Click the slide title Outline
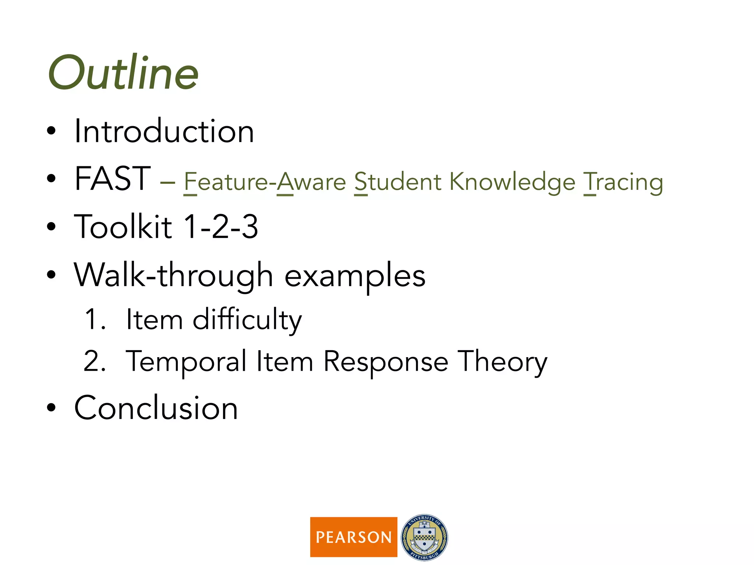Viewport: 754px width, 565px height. (123, 73)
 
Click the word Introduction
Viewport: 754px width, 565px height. (164, 131)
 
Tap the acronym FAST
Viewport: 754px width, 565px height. (112, 179)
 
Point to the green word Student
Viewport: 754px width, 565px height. (398, 182)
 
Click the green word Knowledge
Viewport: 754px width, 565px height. (512, 182)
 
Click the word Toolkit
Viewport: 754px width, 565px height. (123, 227)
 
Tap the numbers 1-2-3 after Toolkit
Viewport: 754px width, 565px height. (221, 227)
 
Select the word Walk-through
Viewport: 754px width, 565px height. (173, 276)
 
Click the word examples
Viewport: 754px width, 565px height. (355, 277)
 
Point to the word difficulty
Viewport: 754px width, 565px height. (247, 320)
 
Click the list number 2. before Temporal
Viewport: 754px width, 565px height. (95, 361)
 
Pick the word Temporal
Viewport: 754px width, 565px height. (186, 362)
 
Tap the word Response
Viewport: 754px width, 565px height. (385, 362)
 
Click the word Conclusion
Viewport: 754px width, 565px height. (156, 408)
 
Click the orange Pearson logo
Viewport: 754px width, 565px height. (353, 537)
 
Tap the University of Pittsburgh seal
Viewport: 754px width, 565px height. (424, 537)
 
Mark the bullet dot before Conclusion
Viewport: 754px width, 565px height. (51, 408)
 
